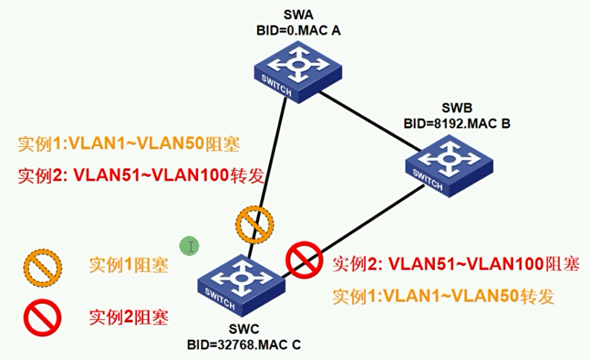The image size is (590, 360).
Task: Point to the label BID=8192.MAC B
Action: click(x=456, y=122)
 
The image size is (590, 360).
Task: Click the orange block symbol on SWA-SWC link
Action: click(x=255, y=224)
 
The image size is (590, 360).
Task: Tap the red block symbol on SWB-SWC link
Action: click(x=304, y=260)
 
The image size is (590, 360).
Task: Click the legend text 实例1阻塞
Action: click(x=129, y=266)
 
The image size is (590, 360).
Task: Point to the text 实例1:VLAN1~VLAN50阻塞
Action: click(x=129, y=144)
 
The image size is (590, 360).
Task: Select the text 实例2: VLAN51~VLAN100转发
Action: click(x=141, y=175)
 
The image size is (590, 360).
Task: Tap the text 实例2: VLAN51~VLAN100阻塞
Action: click(x=456, y=264)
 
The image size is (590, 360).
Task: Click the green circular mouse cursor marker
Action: click(x=190, y=246)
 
